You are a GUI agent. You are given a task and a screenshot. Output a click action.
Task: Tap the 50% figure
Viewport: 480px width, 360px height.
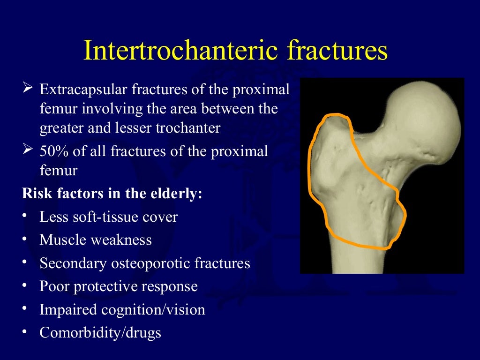coord(54,151)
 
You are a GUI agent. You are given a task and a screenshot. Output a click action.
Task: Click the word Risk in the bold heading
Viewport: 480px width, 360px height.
coord(34,194)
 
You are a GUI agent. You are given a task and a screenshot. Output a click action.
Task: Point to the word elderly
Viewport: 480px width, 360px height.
coord(176,194)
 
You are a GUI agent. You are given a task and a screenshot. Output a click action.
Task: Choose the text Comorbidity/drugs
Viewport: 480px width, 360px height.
coord(100,333)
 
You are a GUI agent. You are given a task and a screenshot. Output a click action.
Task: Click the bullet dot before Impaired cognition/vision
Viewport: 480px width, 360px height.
coord(25,309)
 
